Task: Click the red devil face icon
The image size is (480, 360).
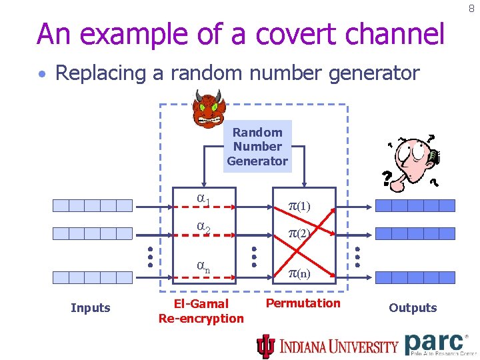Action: click(x=208, y=109)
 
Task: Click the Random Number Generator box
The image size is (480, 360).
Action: click(x=257, y=147)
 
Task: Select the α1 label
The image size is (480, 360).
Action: click(x=203, y=199)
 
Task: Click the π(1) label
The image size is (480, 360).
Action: click(x=299, y=206)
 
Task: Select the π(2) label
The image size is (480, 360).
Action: click(x=299, y=234)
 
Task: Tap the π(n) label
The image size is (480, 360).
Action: click(x=299, y=273)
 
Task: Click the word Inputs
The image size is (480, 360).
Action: click(x=90, y=307)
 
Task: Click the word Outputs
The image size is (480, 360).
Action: click(x=413, y=307)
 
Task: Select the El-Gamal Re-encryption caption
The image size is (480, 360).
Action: click(x=201, y=311)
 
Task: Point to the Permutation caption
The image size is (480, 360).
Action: click(x=303, y=303)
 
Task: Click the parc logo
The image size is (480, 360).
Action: click(x=436, y=343)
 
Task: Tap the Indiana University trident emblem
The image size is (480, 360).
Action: click(x=266, y=346)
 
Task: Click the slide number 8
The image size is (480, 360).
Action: click(x=471, y=9)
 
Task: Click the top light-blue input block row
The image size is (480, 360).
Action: click(x=93, y=205)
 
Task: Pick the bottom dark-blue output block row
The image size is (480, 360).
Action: click(x=415, y=277)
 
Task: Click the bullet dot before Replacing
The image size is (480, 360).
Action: click(x=42, y=74)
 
